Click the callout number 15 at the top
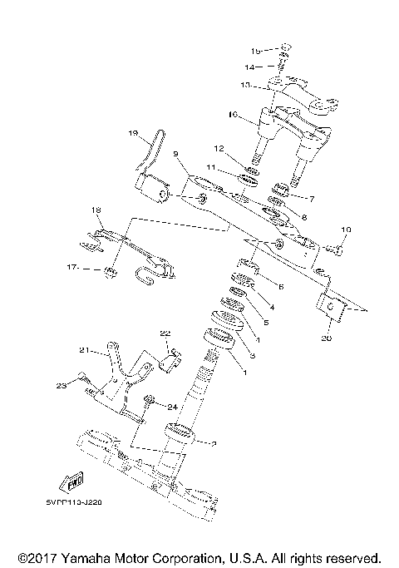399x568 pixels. click(x=256, y=50)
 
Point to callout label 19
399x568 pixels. click(x=133, y=133)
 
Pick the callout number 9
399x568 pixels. click(x=176, y=154)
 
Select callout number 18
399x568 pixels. click(x=96, y=210)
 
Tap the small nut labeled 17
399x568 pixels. click(x=109, y=272)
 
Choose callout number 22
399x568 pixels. click(x=165, y=333)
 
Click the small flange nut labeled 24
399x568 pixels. click(x=150, y=400)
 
